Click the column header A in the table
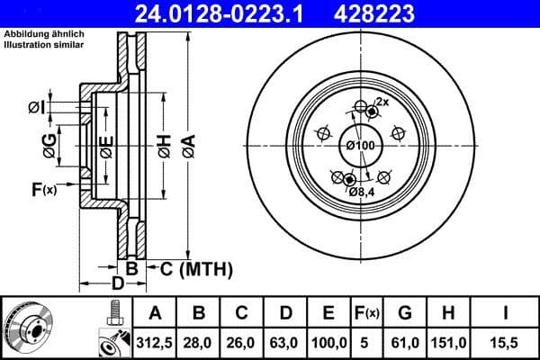pyautogui.click(x=156, y=313)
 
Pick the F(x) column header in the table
pyautogui.click(x=367, y=313)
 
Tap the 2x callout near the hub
pyautogui.click(x=382, y=102)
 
